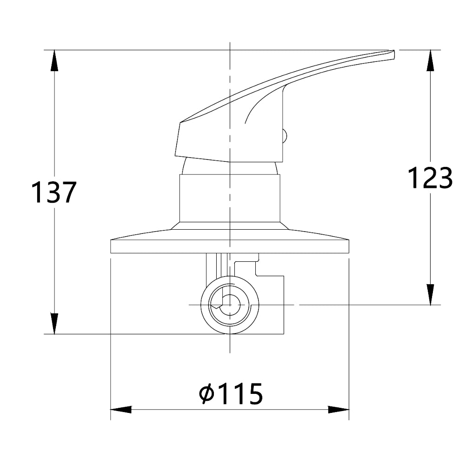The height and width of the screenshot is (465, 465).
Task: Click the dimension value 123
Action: point(430,178)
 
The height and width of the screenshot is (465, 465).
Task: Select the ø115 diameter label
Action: point(231,393)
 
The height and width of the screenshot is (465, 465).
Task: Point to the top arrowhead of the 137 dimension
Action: point(54,60)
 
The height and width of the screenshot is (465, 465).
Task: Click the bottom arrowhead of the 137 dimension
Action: point(54,324)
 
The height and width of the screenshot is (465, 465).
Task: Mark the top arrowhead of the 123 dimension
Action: point(430,60)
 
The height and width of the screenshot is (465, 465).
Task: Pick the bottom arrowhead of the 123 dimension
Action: point(430,294)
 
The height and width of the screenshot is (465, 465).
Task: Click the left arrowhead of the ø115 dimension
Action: point(121,410)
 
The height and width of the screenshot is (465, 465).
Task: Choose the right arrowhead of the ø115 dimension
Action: point(339,410)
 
